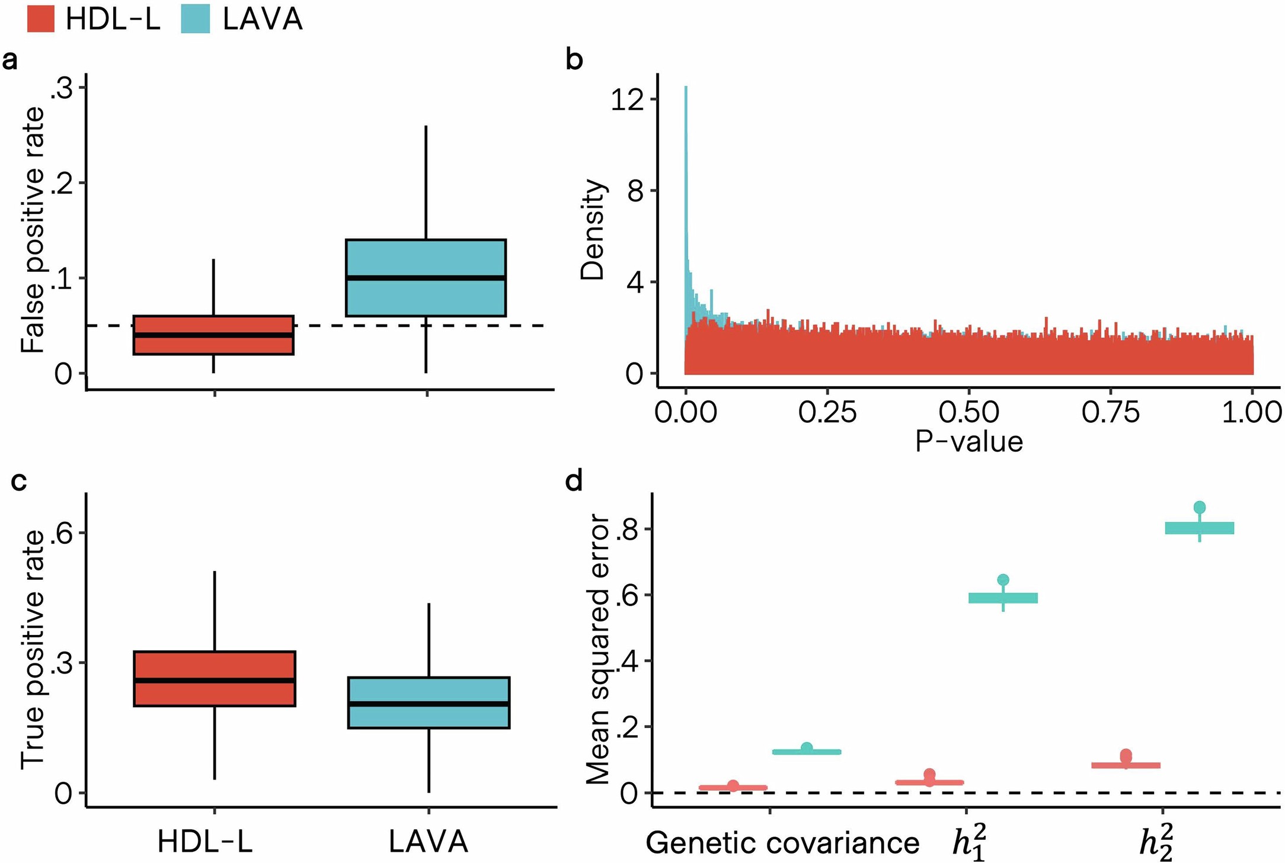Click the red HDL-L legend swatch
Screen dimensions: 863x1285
(x=41, y=19)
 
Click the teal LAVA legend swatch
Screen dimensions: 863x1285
(x=196, y=19)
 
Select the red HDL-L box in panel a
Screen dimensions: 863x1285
(x=213, y=335)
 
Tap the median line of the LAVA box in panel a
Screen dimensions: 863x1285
(x=426, y=278)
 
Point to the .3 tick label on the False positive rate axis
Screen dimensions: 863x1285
(x=62, y=88)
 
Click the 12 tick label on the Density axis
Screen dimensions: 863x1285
(x=626, y=100)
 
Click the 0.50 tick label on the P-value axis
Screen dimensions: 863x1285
(x=968, y=412)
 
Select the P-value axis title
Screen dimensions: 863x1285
(x=968, y=442)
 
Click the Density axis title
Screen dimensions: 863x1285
(x=592, y=229)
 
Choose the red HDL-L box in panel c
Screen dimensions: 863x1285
(x=214, y=679)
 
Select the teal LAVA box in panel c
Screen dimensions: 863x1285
(x=429, y=702)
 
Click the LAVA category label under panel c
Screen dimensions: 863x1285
(x=429, y=842)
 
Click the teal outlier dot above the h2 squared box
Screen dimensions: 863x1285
(x=1200, y=507)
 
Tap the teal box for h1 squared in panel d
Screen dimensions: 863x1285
(x=1003, y=598)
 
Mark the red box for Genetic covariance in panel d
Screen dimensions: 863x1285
(x=733, y=788)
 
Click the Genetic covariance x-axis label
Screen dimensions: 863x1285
(x=782, y=842)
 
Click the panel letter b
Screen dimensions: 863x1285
(x=574, y=60)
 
